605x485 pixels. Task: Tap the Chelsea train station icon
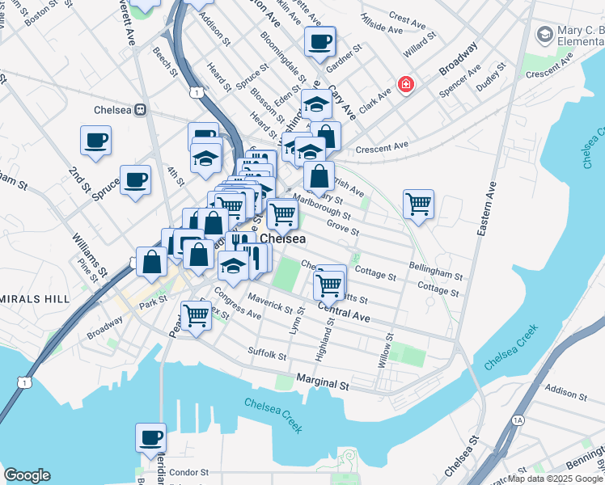tap(140, 109)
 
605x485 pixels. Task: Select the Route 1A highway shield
tap(518, 420)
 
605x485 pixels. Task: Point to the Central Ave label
tap(344, 312)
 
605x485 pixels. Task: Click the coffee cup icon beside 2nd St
tap(96, 140)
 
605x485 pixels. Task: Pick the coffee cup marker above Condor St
tap(150, 437)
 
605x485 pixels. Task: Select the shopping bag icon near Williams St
tap(151, 260)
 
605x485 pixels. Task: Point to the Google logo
tap(27, 475)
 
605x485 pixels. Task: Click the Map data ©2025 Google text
tap(556, 479)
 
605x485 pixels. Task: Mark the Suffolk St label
tap(267, 352)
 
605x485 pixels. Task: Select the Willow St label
tap(389, 350)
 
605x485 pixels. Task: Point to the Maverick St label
tap(270, 305)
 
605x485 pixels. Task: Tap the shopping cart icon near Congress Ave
tap(196, 314)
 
